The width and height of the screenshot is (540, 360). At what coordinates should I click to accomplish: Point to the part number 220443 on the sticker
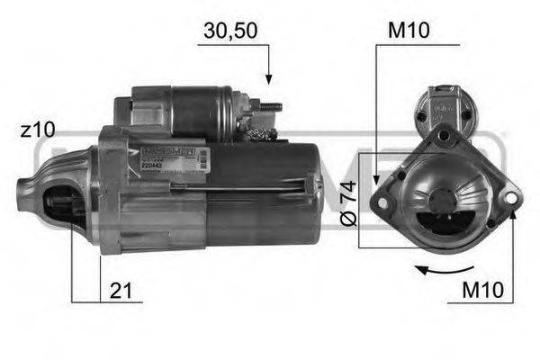click(152, 165)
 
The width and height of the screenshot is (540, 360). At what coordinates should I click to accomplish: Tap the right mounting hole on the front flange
click(511, 194)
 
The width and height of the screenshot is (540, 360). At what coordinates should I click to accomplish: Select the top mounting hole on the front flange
click(444, 136)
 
